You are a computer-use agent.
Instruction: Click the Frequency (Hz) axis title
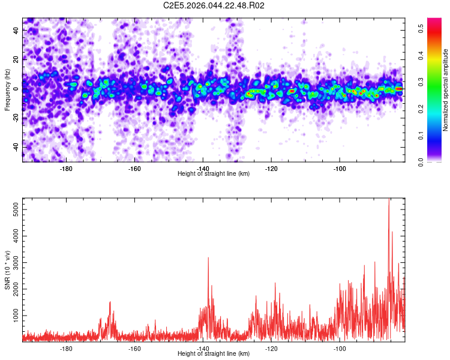(7, 89)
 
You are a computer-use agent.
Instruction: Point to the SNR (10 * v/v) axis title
(7, 269)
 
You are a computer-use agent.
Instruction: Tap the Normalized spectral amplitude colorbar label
(446, 90)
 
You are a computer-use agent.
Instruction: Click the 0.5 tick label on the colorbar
(422, 26)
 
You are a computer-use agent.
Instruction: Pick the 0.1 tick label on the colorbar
(422, 135)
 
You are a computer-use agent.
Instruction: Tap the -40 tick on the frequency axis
(14, 147)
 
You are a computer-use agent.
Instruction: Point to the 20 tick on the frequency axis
(16, 59)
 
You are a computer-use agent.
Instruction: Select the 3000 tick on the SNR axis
(13, 263)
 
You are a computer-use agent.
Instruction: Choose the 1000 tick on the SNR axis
(13, 315)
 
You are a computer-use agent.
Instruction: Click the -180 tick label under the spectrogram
(66, 169)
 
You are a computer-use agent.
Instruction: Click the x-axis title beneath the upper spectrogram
(214, 174)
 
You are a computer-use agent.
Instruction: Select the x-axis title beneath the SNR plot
(214, 354)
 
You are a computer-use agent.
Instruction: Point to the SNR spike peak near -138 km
(208, 258)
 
